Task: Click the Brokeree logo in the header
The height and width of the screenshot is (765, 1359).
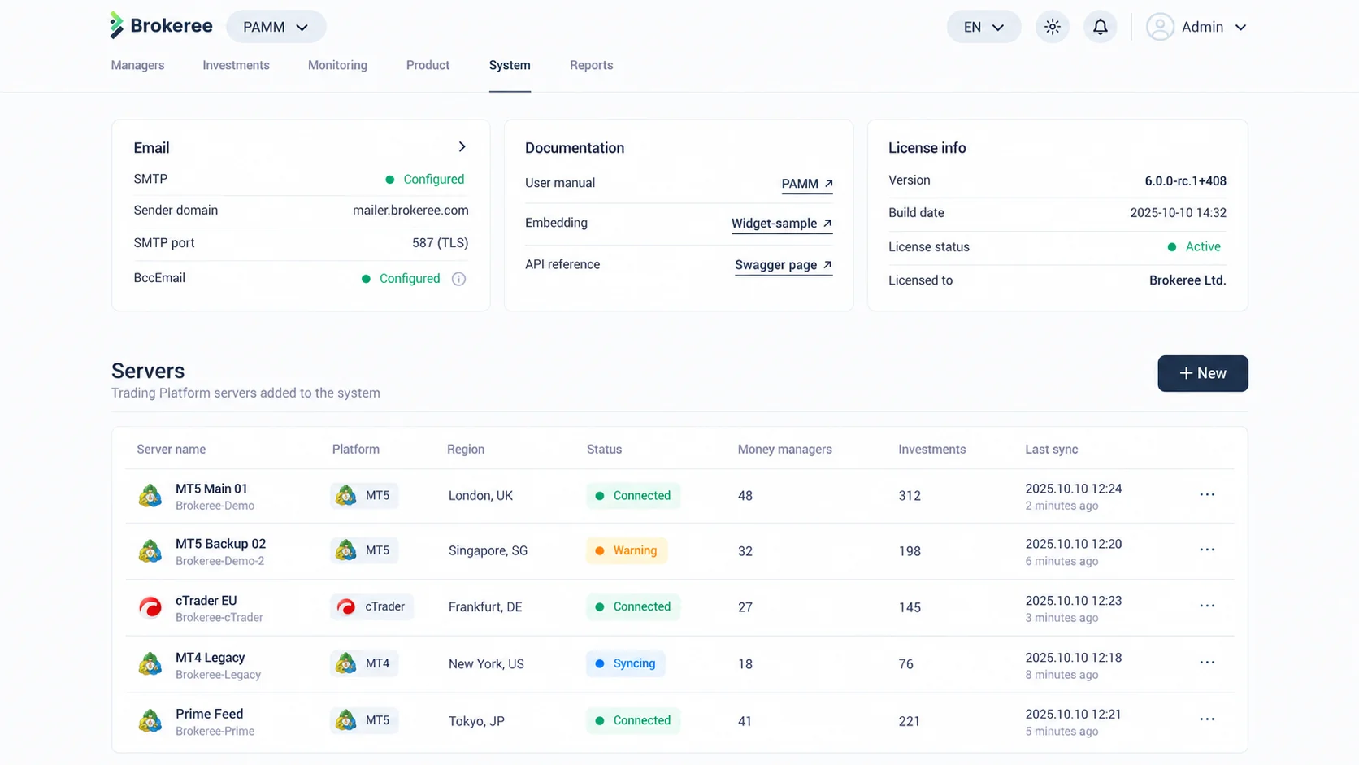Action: [162, 25]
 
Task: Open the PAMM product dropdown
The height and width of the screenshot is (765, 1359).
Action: [276, 27]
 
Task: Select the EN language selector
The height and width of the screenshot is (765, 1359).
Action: [983, 27]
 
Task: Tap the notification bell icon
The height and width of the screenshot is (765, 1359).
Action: [1100, 27]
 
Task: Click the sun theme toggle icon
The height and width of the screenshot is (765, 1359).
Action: [1052, 27]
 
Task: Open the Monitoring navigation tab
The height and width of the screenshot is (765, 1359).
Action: [337, 65]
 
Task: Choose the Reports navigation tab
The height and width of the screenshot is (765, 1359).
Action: [591, 65]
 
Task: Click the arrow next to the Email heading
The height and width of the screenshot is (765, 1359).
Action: [462, 147]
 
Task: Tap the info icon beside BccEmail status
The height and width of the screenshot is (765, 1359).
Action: [458, 279]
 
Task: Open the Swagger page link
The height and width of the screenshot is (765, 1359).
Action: [784, 265]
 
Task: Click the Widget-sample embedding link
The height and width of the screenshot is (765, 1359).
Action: [781, 224]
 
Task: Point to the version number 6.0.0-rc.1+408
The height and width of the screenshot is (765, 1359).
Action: [1185, 180]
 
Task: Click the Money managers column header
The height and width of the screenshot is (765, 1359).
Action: [784, 449]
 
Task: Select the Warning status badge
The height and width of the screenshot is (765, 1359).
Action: [627, 550]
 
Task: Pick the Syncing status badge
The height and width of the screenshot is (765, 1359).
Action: [626, 663]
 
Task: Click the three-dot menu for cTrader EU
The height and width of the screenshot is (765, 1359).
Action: [1207, 606]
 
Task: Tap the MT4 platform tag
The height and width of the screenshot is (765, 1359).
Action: [364, 663]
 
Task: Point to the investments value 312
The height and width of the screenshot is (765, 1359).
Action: [910, 496]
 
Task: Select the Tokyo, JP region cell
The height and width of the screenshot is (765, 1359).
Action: [476, 721]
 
